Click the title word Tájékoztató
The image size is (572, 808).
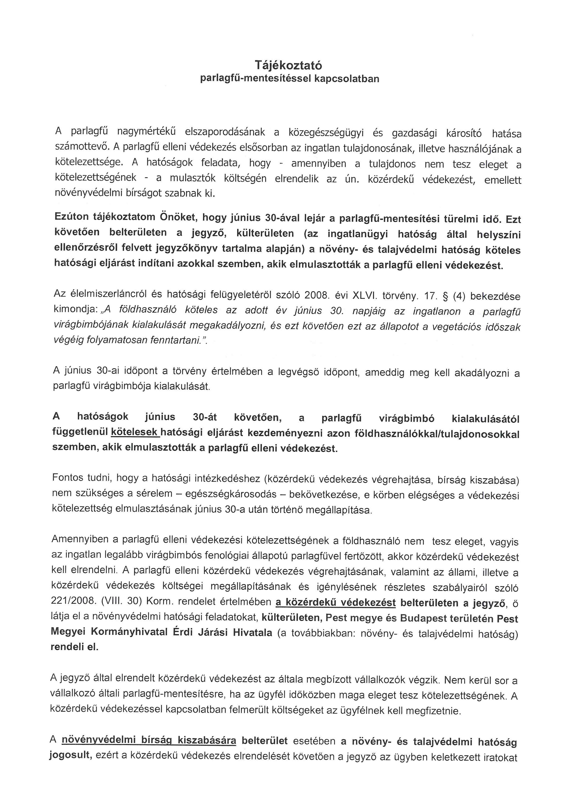[x=288, y=65]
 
